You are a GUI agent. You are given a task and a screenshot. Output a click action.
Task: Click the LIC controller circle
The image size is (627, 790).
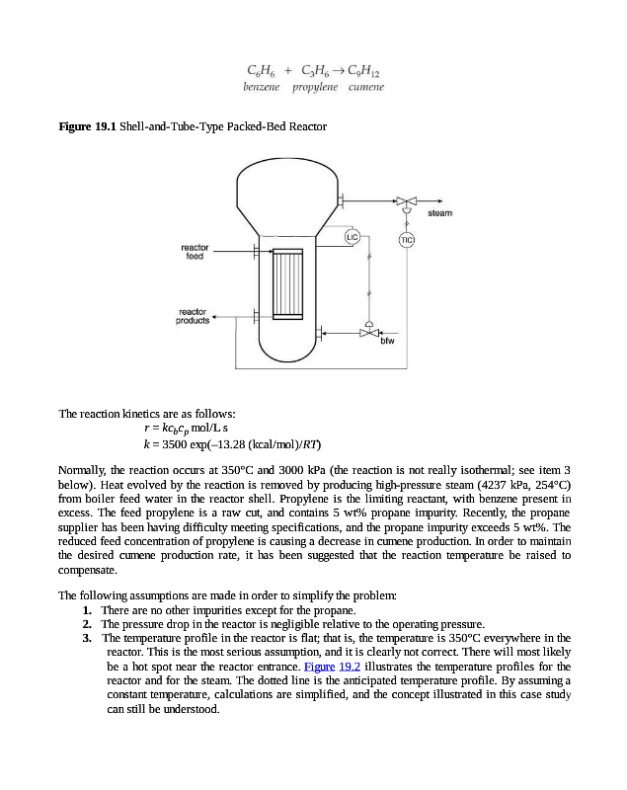352,236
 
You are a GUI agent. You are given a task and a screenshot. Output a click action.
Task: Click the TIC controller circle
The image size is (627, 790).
406,240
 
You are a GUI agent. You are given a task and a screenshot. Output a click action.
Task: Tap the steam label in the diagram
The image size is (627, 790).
440,213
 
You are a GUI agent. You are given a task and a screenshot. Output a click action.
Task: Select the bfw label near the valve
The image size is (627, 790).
388,342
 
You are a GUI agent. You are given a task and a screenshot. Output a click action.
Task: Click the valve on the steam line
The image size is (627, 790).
406,199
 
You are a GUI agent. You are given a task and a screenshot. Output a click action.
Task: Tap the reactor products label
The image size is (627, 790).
193,316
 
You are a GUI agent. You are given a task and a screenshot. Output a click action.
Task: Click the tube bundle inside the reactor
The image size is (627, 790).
287,283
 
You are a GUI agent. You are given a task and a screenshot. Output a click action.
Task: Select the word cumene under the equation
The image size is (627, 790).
365,88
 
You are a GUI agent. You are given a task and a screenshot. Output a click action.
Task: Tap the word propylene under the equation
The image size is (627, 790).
314,88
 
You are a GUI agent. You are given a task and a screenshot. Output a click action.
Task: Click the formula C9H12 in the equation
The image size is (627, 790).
362,71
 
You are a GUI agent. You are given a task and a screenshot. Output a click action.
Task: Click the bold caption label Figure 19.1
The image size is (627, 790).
88,127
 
